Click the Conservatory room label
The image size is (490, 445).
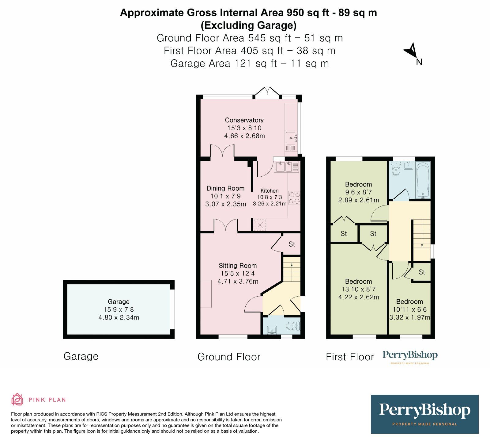(244, 120)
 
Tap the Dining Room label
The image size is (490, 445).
(225, 188)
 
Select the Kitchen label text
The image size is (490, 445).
(269, 191)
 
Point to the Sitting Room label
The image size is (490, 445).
(238, 266)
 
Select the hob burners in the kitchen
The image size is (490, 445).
(294, 198)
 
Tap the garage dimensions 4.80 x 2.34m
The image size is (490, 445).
(119, 317)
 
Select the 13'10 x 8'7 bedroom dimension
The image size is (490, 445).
(358, 289)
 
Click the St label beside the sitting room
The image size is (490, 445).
(292, 244)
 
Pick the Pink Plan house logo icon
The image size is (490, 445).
(17, 399)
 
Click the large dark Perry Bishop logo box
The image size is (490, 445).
(424, 414)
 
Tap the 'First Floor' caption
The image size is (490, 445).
(350, 357)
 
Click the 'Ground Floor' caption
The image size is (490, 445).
(229, 357)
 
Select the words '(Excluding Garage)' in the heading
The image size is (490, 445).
(248, 25)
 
